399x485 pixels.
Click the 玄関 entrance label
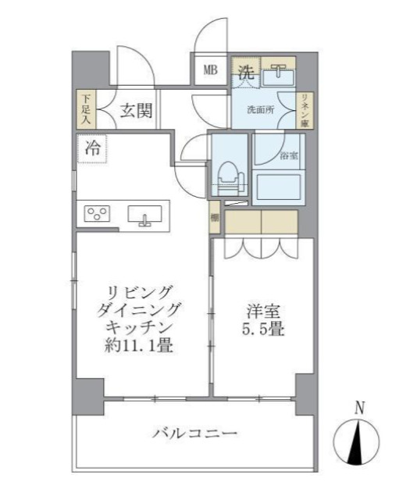tap(135, 111)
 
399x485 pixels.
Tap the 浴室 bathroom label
tap(289, 156)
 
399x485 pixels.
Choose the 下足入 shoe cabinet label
tap(85, 110)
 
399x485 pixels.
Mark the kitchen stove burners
tap(98, 213)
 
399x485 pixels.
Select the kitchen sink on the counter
tap(144, 214)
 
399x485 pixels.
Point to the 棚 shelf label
tap(214, 219)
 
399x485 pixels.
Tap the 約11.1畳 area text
tap(138, 344)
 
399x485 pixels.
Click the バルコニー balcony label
tap(194, 432)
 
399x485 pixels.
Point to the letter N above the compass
tap(359, 408)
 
